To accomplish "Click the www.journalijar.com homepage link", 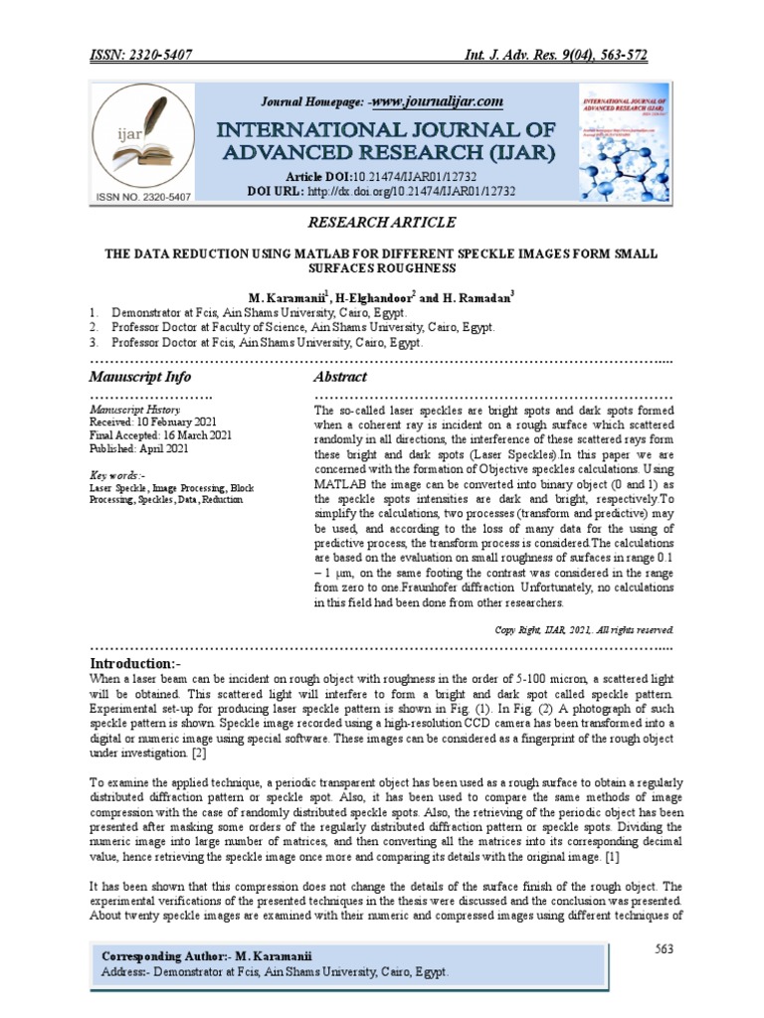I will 438,101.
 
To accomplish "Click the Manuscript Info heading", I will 140,378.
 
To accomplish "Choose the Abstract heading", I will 340,378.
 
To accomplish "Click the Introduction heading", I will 136,663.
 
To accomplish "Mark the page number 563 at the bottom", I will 666,949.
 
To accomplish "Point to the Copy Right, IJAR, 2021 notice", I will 585,629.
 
